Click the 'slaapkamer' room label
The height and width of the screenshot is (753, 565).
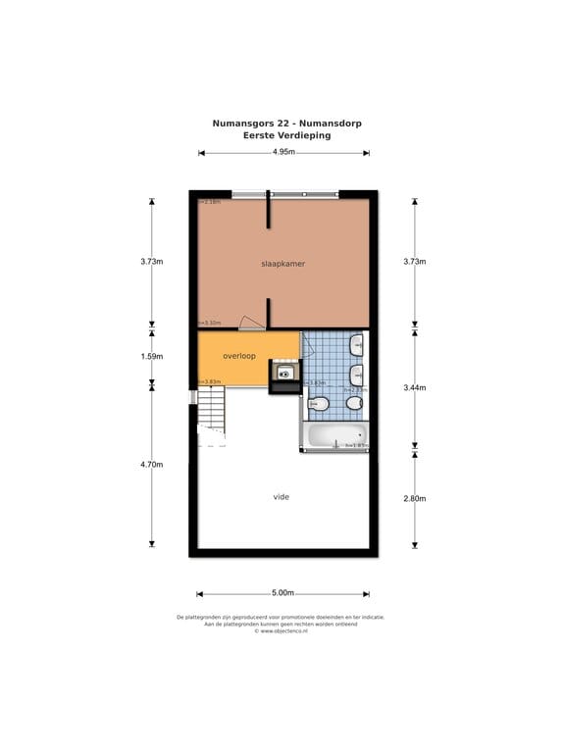coord(282,264)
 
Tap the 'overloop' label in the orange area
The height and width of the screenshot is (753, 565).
coord(239,356)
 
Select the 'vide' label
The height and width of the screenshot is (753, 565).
coord(282,497)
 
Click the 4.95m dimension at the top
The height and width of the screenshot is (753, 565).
coord(283,153)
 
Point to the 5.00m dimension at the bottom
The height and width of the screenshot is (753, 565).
coord(282,593)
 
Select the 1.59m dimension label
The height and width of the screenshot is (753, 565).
coord(151,357)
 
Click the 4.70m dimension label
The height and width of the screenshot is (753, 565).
coord(151,465)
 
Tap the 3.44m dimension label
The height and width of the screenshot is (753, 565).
coord(414,388)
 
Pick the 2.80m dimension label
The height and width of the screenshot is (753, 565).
coord(414,499)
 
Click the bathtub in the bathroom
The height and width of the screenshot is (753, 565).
coord(334,435)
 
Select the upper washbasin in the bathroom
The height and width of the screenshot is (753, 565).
coord(358,344)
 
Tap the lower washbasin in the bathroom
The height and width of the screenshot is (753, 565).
coord(358,375)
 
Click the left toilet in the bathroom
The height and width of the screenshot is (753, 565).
coord(319,403)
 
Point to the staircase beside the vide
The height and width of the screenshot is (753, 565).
coord(212,409)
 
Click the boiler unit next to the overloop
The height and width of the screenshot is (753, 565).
coord(283,374)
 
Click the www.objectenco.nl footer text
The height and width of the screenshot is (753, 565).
coord(282,630)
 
